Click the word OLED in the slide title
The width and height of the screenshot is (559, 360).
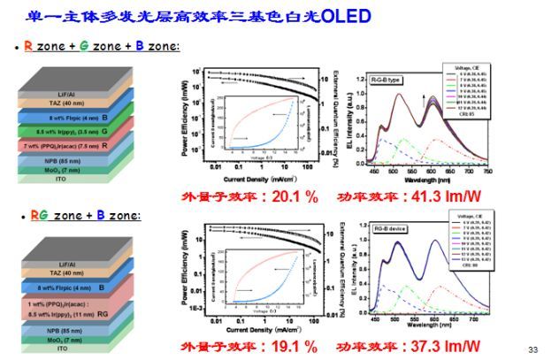(x=341, y=16)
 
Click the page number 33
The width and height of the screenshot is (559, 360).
(x=532, y=348)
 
